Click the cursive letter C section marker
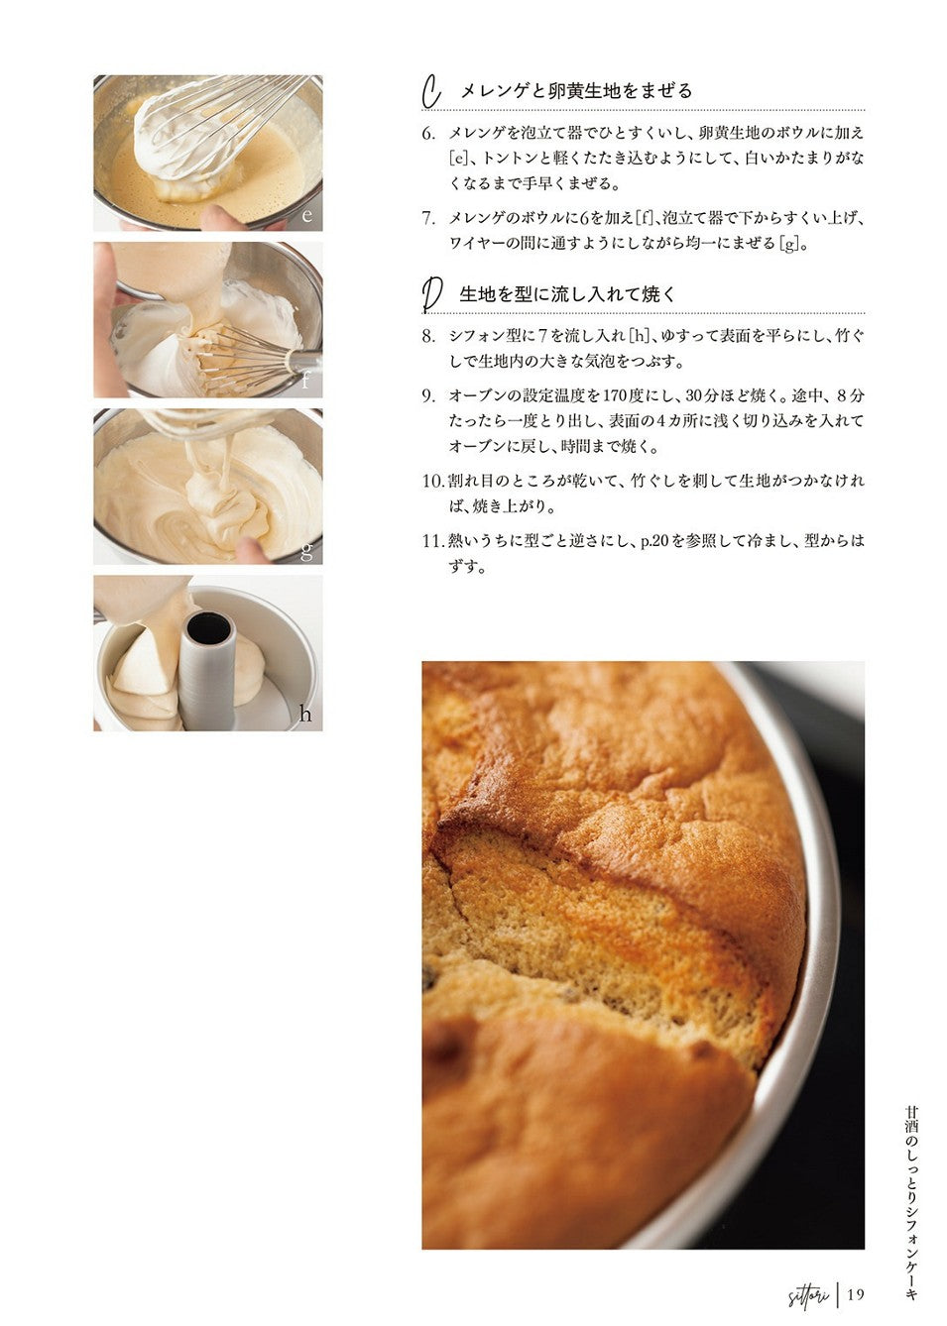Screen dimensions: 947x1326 (x=431, y=92)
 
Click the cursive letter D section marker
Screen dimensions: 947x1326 (x=431, y=294)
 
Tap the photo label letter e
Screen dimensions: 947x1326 (x=306, y=214)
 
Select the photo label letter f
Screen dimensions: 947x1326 (x=305, y=380)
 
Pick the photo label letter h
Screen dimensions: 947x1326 (x=305, y=714)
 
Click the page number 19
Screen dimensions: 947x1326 (x=855, y=1294)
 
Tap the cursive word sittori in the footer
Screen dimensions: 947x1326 (x=808, y=1294)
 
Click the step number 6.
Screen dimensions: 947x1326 (x=428, y=133)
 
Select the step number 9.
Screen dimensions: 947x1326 (x=428, y=396)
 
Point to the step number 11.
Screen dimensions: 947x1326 (x=433, y=541)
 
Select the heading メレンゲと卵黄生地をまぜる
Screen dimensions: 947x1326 (x=576, y=90)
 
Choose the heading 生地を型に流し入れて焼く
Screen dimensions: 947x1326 (x=567, y=294)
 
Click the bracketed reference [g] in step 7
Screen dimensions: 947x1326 (x=790, y=243)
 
